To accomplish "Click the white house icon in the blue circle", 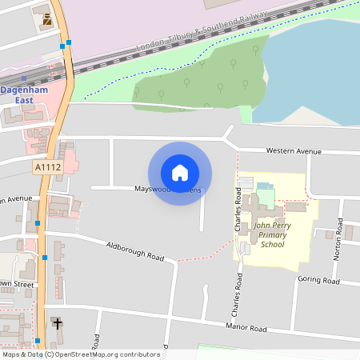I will tap(180, 173).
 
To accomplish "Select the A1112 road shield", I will tap(48, 167).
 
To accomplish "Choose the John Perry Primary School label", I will tap(272, 235).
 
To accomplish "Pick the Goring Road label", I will tap(318, 280).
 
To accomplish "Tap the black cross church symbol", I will tap(56, 323).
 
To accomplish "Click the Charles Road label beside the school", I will tap(238, 210).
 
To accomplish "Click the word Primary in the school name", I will tap(272, 235).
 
